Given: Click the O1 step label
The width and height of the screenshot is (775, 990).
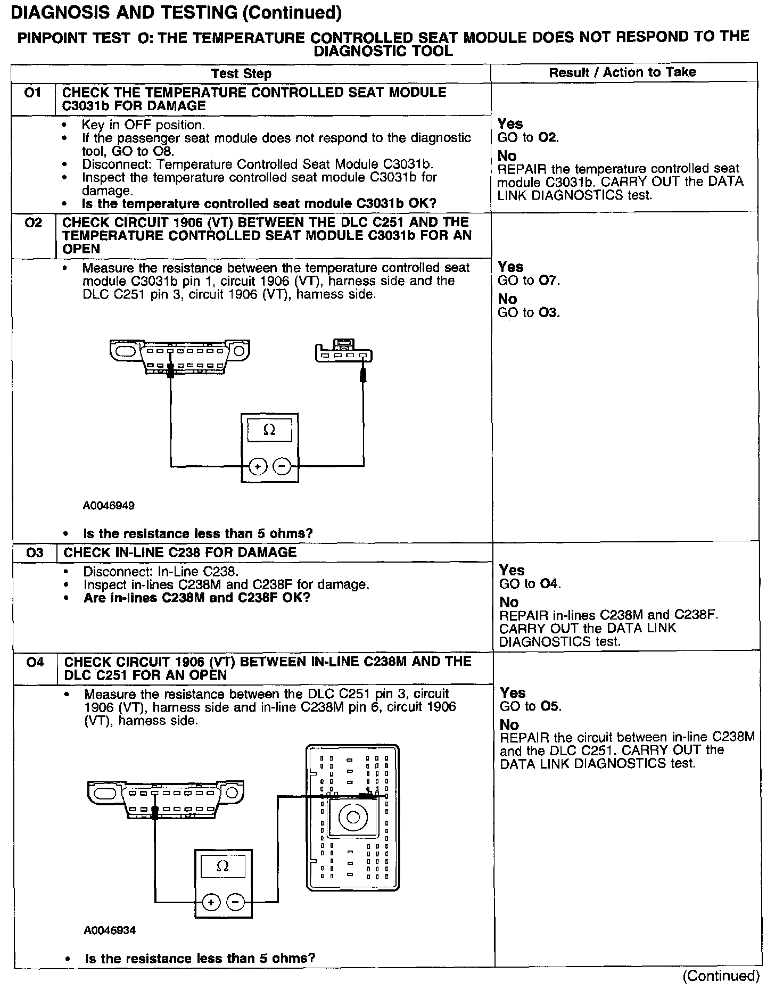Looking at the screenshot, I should click(33, 93).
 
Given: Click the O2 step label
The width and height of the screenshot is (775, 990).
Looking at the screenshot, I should click(33, 222).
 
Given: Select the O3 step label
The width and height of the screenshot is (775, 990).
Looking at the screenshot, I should click(34, 552).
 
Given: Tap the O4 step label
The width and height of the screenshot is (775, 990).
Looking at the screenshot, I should click(35, 662).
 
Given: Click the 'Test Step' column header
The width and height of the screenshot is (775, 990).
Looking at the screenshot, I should click(241, 74).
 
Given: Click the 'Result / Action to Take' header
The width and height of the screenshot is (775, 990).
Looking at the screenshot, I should click(622, 72).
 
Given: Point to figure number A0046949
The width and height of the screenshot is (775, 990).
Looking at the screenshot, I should click(109, 506).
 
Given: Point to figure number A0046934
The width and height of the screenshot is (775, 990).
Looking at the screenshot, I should click(110, 930).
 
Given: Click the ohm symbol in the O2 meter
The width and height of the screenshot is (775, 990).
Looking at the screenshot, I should click(269, 430).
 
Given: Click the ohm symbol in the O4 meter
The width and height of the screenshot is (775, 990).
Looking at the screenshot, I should click(223, 866).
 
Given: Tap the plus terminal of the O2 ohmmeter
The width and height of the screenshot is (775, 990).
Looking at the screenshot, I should click(258, 467).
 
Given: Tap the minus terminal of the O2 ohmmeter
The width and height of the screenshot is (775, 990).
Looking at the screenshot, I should click(282, 467).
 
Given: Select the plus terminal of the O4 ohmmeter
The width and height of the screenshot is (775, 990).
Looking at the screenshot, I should click(211, 902).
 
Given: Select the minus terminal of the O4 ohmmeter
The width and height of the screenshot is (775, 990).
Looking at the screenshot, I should click(236, 902).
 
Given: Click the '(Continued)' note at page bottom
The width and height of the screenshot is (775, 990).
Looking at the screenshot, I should click(721, 976).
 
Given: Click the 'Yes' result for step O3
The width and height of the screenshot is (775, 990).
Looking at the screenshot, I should click(512, 571).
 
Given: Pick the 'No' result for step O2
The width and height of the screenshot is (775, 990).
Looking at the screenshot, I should click(507, 299).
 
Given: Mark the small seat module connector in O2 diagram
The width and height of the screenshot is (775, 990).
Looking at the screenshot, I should click(343, 352).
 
